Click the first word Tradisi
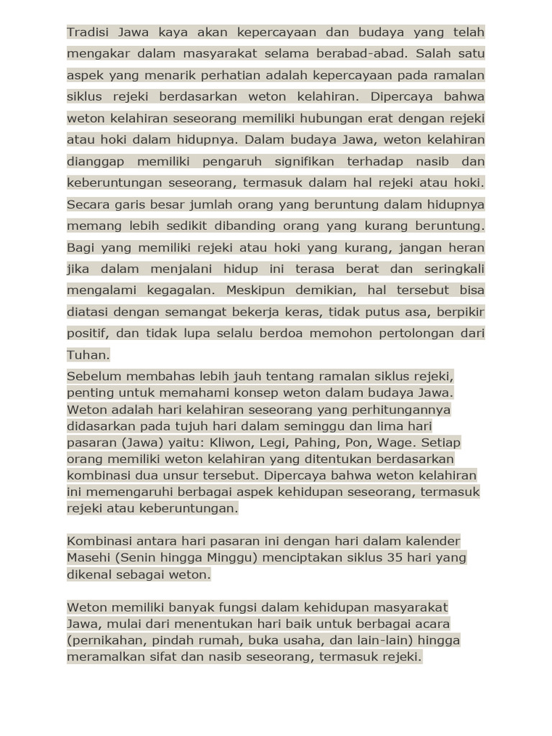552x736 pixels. (86, 32)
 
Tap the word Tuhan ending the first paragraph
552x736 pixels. (88, 355)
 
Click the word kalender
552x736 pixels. (434, 541)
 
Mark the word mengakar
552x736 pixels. (96, 53)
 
